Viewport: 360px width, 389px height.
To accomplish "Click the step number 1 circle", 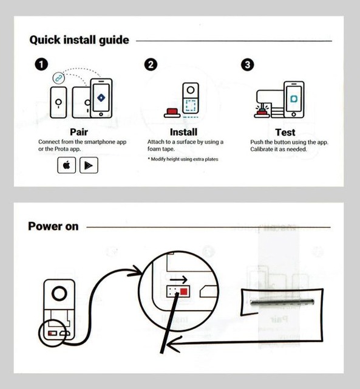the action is click(41, 64).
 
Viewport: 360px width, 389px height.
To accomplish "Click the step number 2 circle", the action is click(151, 64).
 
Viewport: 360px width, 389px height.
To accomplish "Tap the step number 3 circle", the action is click(247, 65).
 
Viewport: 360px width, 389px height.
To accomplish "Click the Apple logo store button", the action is click(66, 165).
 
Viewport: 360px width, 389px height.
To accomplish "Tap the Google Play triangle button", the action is click(89, 165).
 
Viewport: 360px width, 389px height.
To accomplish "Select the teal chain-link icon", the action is click(59, 78).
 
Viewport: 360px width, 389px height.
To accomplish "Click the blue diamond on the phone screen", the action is click(101, 98).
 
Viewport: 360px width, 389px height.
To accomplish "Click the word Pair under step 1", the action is click(79, 132).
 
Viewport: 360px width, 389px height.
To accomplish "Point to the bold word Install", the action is click(183, 132).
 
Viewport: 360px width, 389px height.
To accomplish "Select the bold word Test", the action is click(285, 133).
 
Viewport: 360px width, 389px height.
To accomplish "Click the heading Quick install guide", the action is click(80, 40).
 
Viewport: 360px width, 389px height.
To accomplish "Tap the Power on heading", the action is click(53, 226).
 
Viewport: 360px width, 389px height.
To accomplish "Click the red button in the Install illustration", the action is click(172, 113).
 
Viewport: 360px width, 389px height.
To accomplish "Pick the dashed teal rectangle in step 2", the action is click(191, 106).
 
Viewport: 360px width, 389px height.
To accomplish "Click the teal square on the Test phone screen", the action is click(294, 98).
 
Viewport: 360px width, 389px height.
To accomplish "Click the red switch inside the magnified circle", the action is click(183, 291).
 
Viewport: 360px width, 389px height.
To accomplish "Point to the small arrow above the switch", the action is click(178, 280).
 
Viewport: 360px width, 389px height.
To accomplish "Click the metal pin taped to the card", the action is click(282, 302).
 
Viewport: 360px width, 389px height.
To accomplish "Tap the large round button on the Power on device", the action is click(59, 294).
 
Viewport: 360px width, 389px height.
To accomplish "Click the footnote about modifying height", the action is click(183, 159).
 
